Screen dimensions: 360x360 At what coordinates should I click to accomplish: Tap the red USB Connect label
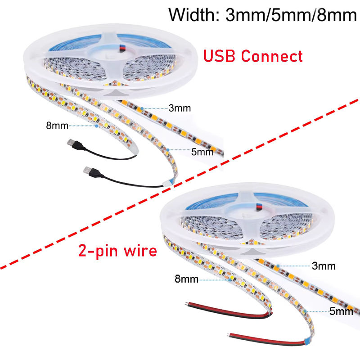click(x=253, y=56)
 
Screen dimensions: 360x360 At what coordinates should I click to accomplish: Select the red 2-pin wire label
click(x=117, y=251)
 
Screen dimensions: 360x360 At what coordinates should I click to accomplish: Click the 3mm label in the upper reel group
click(x=180, y=108)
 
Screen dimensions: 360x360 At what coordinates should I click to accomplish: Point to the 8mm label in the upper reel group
click(x=57, y=126)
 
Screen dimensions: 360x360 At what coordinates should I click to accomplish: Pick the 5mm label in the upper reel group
click(x=202, y=152)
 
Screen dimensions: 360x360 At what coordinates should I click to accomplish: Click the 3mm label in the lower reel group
click(x=324, y=266)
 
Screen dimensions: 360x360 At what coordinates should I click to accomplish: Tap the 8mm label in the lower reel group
click(x=186, y=279)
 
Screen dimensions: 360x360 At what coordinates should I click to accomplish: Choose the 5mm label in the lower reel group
click(x=341, y=311)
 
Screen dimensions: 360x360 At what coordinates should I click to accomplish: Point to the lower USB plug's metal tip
click(x=86, y=170)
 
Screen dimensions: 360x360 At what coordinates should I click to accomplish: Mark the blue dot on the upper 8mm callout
click(x=97, y=126)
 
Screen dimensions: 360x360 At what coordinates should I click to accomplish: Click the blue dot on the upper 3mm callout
click(x=142, y=108)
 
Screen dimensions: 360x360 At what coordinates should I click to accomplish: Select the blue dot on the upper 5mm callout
click(x=168, y=150)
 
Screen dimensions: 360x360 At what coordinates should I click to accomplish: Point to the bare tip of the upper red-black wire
click(x=186, y=304)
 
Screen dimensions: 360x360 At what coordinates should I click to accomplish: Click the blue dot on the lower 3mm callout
click(x=278, y=266)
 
